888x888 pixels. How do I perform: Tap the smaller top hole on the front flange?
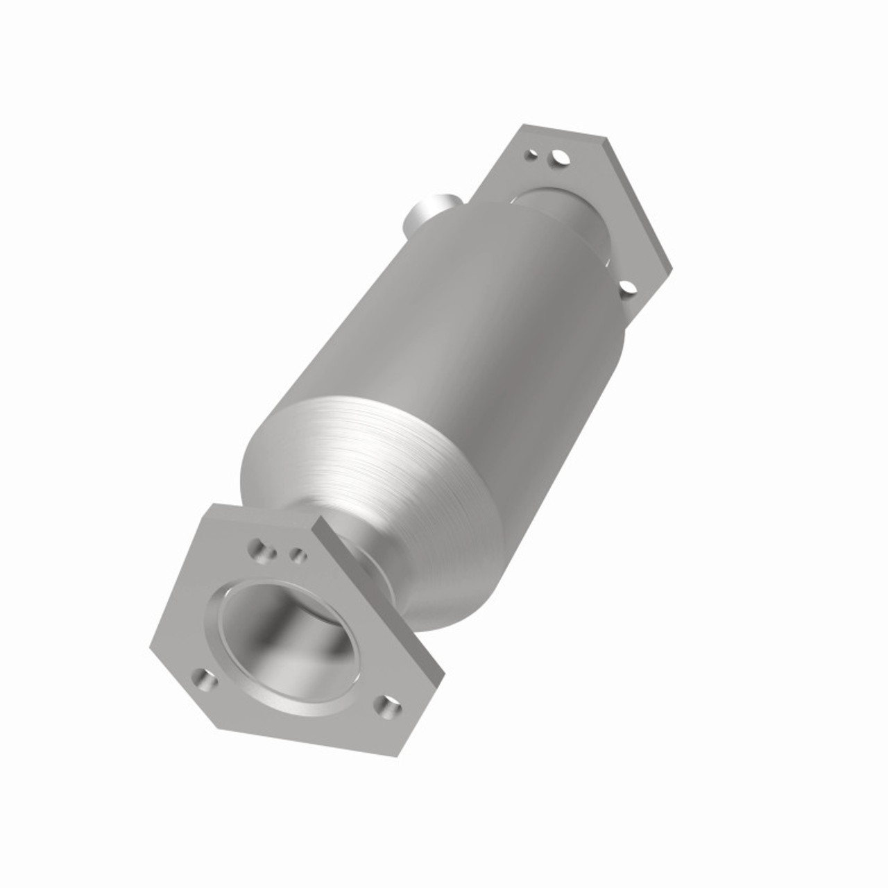298,554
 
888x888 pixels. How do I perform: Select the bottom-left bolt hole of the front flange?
203,679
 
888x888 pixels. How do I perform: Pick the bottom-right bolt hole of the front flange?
386,707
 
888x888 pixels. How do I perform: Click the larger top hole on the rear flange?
559,159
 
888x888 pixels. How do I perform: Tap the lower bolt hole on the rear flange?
627,287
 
